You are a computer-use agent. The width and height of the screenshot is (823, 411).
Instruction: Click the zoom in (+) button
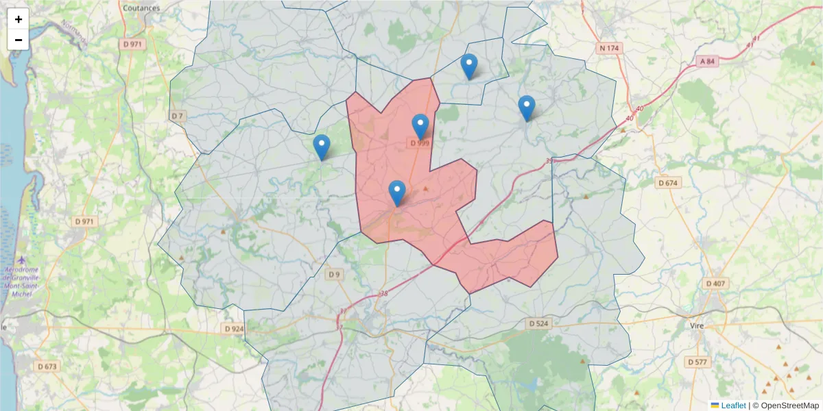coord(19,19)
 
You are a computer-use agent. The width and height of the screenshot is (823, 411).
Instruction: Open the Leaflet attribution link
coord(732,406)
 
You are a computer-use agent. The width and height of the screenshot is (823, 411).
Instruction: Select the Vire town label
coord(697,326)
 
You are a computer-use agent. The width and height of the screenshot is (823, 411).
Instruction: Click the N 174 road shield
coord(608,48)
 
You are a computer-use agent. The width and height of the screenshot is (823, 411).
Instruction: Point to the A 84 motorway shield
coord(708,62)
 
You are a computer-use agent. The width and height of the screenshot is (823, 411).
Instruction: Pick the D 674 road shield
coord(667,183)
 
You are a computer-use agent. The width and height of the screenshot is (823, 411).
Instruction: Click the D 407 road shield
coord(716,283)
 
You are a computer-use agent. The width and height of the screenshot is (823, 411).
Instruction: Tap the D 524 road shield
coord(539,323)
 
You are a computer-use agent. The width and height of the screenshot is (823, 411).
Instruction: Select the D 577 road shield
coord(697,362)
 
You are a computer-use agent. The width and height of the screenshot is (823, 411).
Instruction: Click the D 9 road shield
coord(333,275)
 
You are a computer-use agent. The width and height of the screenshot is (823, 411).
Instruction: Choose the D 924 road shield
coord(234,329)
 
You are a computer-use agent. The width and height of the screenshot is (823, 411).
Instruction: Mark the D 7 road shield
coord(178,116)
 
